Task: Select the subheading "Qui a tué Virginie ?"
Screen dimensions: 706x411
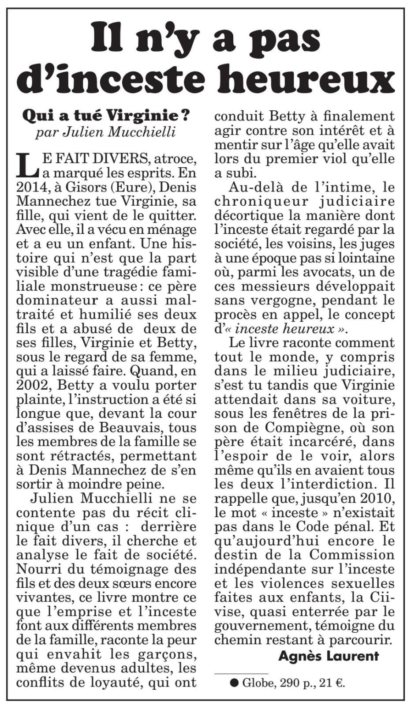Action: [106, 116]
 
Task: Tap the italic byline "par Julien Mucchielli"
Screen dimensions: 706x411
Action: [106, 132]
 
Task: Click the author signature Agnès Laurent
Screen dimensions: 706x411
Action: [329, 656]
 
